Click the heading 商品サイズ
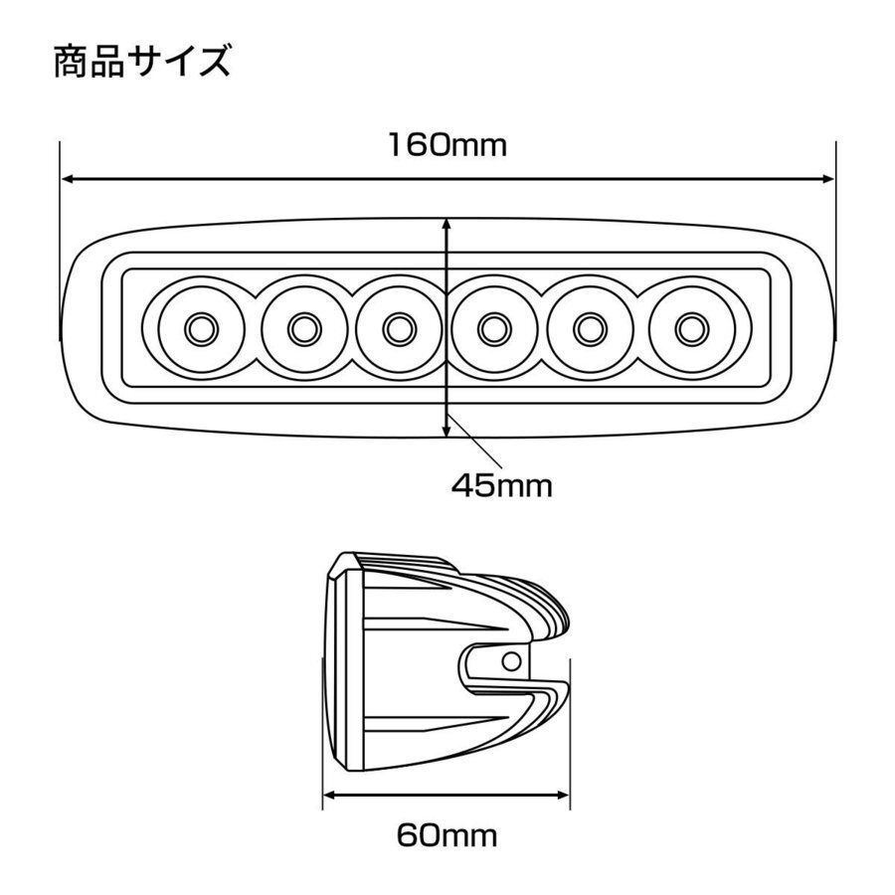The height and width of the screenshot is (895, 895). point(142,62)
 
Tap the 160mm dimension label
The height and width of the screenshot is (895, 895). point(447,145)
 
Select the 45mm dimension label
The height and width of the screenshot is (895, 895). point(500,486)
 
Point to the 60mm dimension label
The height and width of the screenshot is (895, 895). point(447,833)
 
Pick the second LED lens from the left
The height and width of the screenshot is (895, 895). point(302,326)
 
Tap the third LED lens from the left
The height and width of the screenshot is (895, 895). point(398,326)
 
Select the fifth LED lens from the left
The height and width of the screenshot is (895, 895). point(590,326)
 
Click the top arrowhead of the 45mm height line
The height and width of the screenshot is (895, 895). point(447,226)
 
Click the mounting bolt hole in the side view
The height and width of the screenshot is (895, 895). point(512,660)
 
